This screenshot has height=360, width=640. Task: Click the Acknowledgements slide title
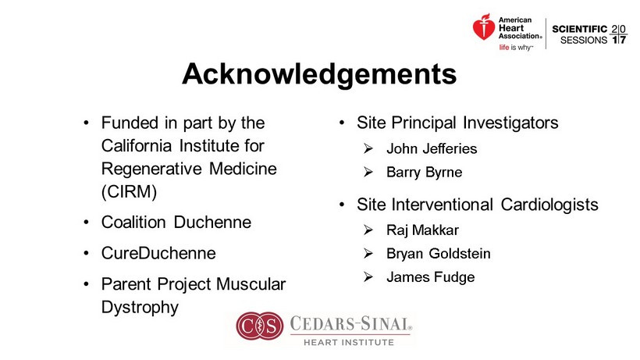319,74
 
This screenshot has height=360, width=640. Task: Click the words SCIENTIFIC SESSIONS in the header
580,34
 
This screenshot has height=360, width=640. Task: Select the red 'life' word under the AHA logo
504,48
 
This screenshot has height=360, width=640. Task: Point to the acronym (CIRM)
129,191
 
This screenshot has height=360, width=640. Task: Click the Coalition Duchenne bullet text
176,223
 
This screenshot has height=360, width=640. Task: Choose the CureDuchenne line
158,253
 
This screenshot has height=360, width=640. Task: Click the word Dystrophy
140,308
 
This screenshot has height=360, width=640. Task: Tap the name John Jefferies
432,148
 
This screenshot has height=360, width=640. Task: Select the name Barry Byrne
425,173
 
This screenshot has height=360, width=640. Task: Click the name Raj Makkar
422,230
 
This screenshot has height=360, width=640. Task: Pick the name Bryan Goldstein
439,254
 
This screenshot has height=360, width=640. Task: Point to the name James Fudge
431,277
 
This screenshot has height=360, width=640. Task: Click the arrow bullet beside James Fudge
368,277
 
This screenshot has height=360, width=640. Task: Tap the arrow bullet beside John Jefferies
368,148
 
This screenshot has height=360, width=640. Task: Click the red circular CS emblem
260,326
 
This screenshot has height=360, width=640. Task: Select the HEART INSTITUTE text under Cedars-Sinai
349,342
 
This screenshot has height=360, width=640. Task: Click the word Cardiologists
549,205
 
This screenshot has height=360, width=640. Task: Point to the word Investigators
510,123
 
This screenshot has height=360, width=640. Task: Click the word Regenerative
151,169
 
